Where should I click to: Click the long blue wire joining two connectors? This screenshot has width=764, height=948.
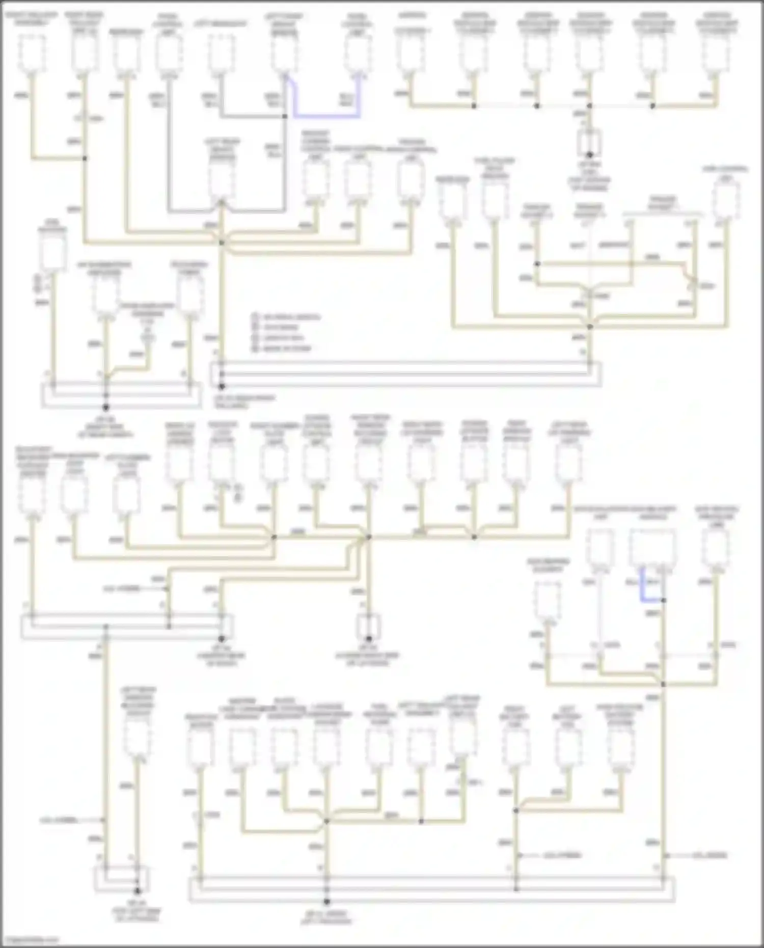[326, 117]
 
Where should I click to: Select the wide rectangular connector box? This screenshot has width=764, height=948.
[652, 548]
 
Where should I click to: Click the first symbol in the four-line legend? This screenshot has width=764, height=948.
[255, 317]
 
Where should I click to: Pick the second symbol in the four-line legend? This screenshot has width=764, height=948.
[255, 327]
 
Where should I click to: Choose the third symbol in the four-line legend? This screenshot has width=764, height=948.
[255, 338]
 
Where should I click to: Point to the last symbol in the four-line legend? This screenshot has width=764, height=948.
[255, 348]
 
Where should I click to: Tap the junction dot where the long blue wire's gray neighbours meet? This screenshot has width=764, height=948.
[285, 117]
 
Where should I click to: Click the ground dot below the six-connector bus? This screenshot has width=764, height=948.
[589, 155]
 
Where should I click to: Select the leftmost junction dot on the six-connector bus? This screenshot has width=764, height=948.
[474, 106]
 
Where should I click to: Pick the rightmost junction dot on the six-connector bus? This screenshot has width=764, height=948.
[652, 106]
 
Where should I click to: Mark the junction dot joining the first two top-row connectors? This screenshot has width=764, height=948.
[85, 158]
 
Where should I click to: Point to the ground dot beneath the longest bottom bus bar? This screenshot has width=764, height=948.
[326, 902]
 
